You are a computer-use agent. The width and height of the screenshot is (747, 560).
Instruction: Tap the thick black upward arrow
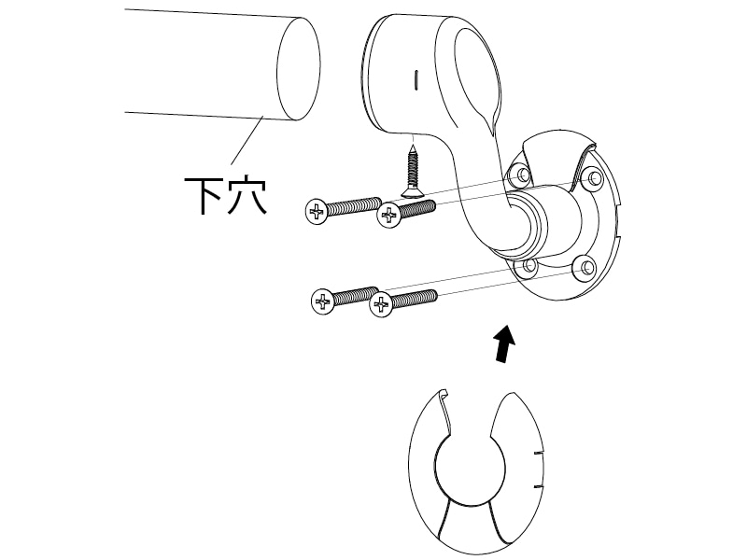504,343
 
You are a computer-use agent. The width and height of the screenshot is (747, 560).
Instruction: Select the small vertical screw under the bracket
412,173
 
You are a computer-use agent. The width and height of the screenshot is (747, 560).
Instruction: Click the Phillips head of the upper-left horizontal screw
317,212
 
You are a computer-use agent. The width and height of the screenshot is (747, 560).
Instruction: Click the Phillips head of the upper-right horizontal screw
389,215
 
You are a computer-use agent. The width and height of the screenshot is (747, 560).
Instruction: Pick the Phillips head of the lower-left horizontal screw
322,301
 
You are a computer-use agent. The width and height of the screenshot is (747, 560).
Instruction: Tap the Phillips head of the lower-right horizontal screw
382,305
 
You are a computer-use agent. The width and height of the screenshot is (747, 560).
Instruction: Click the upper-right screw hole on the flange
593,178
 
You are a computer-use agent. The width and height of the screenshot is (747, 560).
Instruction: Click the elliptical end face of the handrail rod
298,68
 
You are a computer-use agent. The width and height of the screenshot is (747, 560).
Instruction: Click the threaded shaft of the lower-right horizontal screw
414,298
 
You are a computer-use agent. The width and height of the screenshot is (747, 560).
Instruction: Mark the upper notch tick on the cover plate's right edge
538,453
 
